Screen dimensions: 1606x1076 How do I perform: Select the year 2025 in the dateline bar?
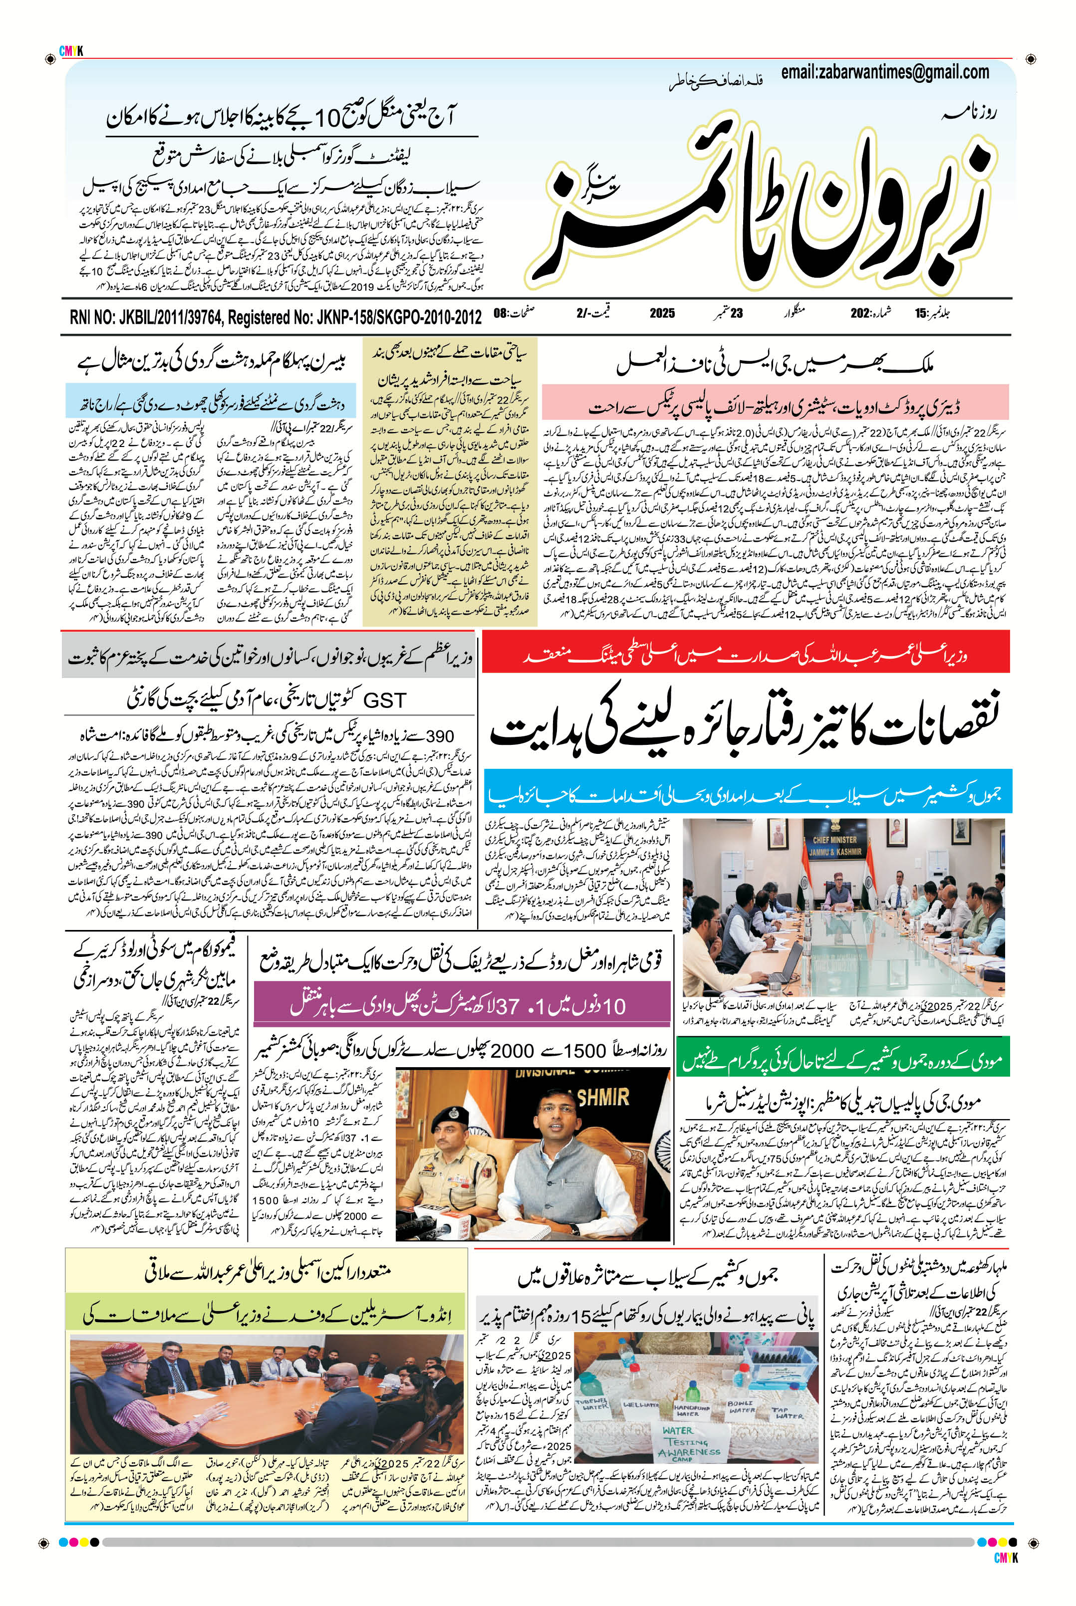pyautogui.click(x=662, y=313)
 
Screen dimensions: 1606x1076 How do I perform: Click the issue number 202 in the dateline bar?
pyautogui.click(x=860, y=313)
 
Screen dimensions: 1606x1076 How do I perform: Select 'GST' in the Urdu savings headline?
pyautogui.click(x=384, y=700)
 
